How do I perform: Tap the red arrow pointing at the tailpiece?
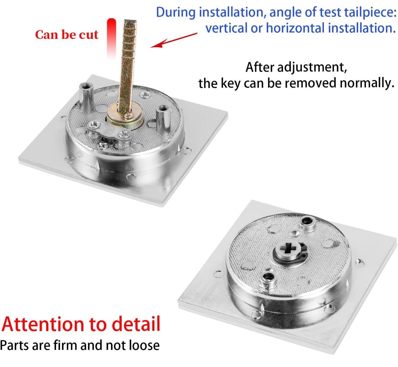pos(174,40)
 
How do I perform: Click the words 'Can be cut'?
pos(67,35)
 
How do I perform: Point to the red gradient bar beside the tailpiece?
pos(111,38)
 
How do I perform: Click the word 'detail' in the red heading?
pos(136,324)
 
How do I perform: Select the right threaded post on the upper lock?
pos(162,120)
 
